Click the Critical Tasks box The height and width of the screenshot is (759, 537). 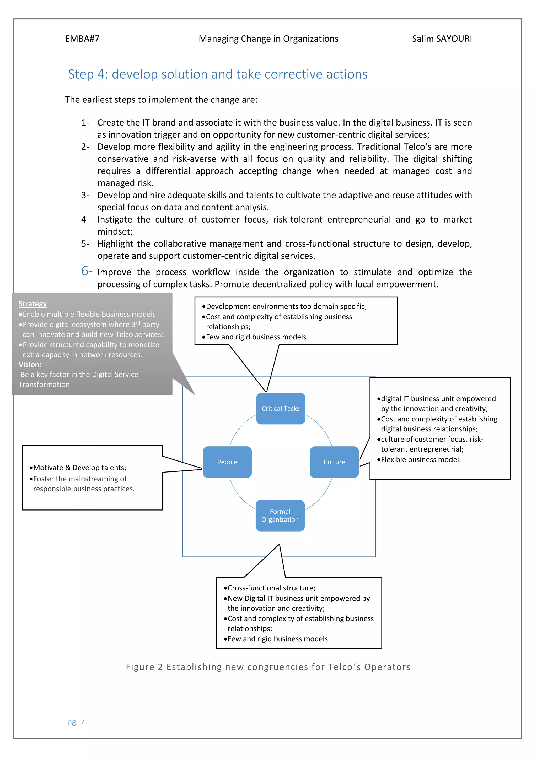[280, 408]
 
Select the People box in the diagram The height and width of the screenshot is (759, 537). [227, 462]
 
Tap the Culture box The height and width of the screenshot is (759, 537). [334, 462]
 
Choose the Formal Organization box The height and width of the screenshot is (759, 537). [280, 515]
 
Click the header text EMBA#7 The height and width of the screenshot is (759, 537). [82, 39]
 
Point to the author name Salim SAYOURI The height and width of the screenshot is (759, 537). [442, 39]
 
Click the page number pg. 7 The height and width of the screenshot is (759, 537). [76, 721]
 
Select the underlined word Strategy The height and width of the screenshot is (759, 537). [33, 304]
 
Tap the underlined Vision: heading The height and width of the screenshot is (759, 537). [30, 364]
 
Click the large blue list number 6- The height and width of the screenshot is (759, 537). [87, 271]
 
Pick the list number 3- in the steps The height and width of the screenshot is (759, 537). [85, 195]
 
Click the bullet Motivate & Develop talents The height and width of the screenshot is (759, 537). [79, 468]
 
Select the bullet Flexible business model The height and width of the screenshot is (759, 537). [420, 459]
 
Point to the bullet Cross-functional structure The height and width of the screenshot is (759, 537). [271, 588]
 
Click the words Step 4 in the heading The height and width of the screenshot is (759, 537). [88, 74]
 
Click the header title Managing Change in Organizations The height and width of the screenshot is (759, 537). [268, 39]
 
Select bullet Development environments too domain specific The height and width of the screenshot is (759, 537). [286, 306]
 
